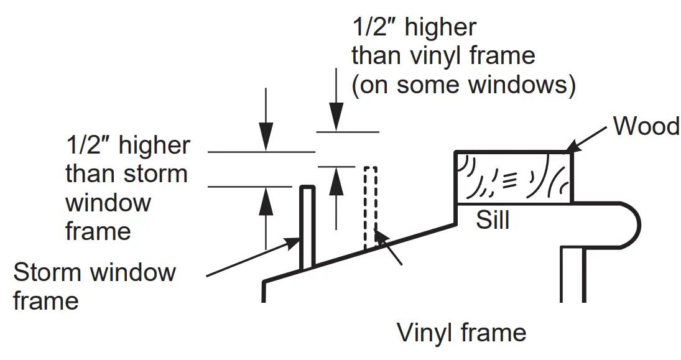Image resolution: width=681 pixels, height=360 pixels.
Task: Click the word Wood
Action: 646,126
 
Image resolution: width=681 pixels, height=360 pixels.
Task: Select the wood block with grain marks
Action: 514,178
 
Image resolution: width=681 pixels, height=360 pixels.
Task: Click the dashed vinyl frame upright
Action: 371,207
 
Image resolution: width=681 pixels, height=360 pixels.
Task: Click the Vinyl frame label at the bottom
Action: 462,333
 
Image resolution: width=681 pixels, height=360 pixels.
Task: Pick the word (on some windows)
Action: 463,85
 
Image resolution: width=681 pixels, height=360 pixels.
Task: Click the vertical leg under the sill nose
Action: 573,274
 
